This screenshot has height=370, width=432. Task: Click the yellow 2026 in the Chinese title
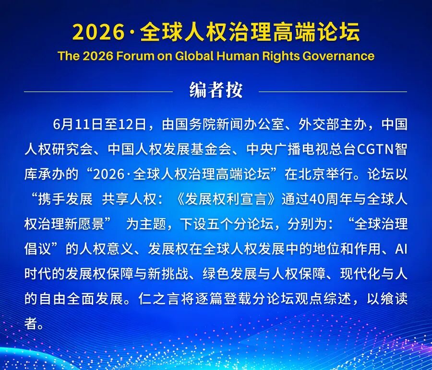pyautogui.click(x=98, y=32)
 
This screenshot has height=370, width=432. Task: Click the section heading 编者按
pyautogui.click(x=216, y=90)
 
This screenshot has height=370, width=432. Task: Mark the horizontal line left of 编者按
pyautogui.click(x=98, y=92)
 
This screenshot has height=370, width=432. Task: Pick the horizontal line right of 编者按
pyautogui.click(x=333, y=92)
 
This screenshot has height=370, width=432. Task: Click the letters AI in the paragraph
pyautogui.click(x=401, y=249)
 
